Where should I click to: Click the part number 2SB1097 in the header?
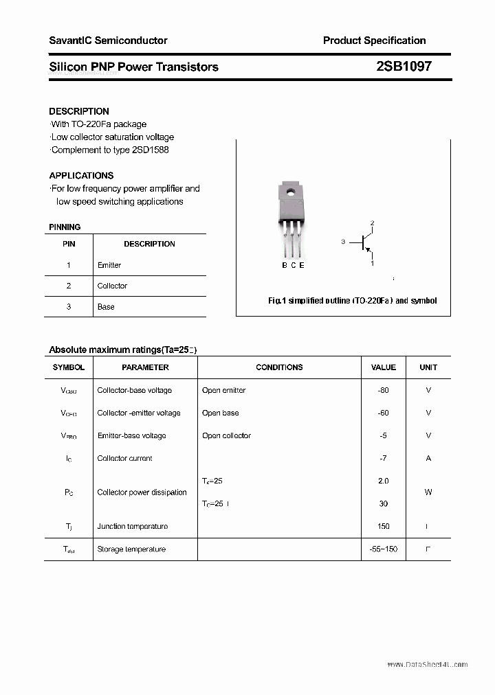point(404,67)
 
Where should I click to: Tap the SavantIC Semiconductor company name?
point(108,41)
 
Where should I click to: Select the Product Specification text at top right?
point(374,41)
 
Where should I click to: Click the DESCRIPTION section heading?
point(79,111)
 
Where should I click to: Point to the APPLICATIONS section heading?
point(81,176)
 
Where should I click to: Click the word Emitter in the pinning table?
point(109,265)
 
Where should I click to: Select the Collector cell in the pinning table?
point(112,286)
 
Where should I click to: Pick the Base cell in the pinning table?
point(106,307)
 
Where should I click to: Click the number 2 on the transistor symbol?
point(372,223)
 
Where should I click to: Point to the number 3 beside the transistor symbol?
point(342,242)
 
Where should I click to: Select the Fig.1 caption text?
point(352,301)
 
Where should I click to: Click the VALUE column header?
point(384,367)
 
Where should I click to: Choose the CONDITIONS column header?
point(279,367)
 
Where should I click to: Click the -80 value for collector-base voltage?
point(383,390)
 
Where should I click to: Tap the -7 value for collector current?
point(383,458)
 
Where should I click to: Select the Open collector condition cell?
point(226,435)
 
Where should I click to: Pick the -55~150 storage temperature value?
point(383,549)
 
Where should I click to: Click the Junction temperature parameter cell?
point(132,527)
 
